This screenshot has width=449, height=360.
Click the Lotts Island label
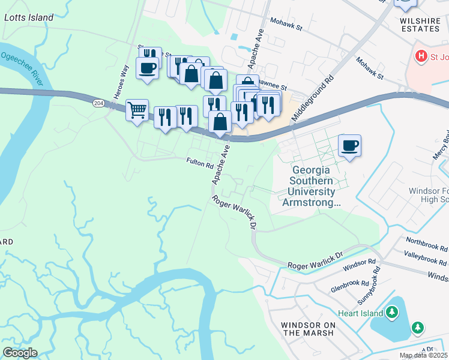point(29,17)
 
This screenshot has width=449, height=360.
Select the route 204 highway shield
point(98,103)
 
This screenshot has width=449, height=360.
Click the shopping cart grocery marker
point(137,110)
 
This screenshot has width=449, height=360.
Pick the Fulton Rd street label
point(200,163)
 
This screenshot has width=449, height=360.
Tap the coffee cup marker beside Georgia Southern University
point(349,145)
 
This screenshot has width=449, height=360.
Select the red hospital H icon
point(421,56)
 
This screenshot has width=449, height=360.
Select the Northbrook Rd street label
point(427,245)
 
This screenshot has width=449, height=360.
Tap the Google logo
point(20,353)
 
